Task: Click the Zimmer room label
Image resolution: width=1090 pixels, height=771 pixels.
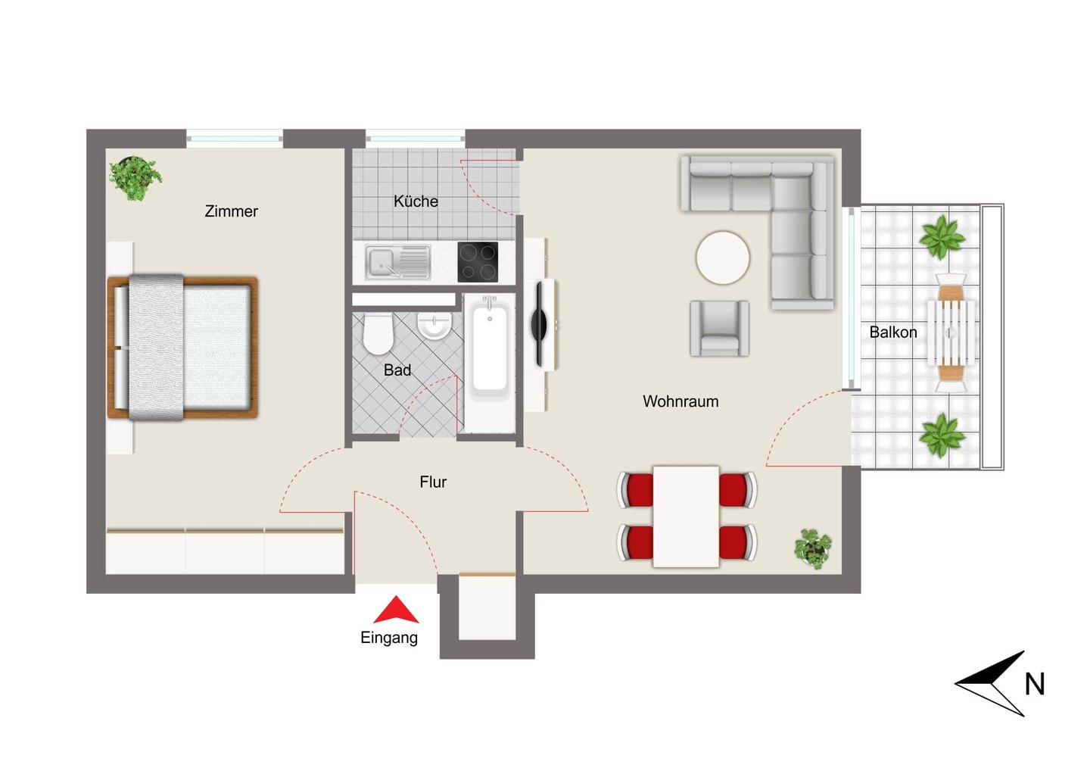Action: [231, 211]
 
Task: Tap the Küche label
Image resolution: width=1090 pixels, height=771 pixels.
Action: [416, 201]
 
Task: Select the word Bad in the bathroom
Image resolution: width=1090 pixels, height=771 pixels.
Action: [397, 370]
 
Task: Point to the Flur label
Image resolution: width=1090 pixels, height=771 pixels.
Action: [433, 482]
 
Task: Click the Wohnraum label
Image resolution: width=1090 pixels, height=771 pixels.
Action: [680, 401]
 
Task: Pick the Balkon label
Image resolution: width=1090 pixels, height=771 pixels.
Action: [893, 332]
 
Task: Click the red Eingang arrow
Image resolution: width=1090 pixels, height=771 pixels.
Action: [396, 610]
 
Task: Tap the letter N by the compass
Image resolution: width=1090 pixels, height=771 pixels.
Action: [1035, 685]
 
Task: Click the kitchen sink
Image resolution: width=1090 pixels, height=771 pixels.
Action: [398, 263]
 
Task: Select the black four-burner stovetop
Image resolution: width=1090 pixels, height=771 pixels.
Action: [478, 262]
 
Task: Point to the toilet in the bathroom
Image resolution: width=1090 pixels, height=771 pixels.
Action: [378, 334]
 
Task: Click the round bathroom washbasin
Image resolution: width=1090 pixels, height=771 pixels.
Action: [434, 325]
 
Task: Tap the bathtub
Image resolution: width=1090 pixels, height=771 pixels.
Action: [490, 347]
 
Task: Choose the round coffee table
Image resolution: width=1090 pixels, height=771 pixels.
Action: [723, 258]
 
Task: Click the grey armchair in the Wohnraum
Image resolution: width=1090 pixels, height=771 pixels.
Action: [719, 329]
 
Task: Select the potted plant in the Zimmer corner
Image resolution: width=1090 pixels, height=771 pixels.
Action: [135, 178]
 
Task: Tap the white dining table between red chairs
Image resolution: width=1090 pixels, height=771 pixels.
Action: [686, 517]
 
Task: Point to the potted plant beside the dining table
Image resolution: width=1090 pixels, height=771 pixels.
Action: [813, 548]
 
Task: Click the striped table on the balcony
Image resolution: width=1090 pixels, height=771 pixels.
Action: [951, 332]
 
